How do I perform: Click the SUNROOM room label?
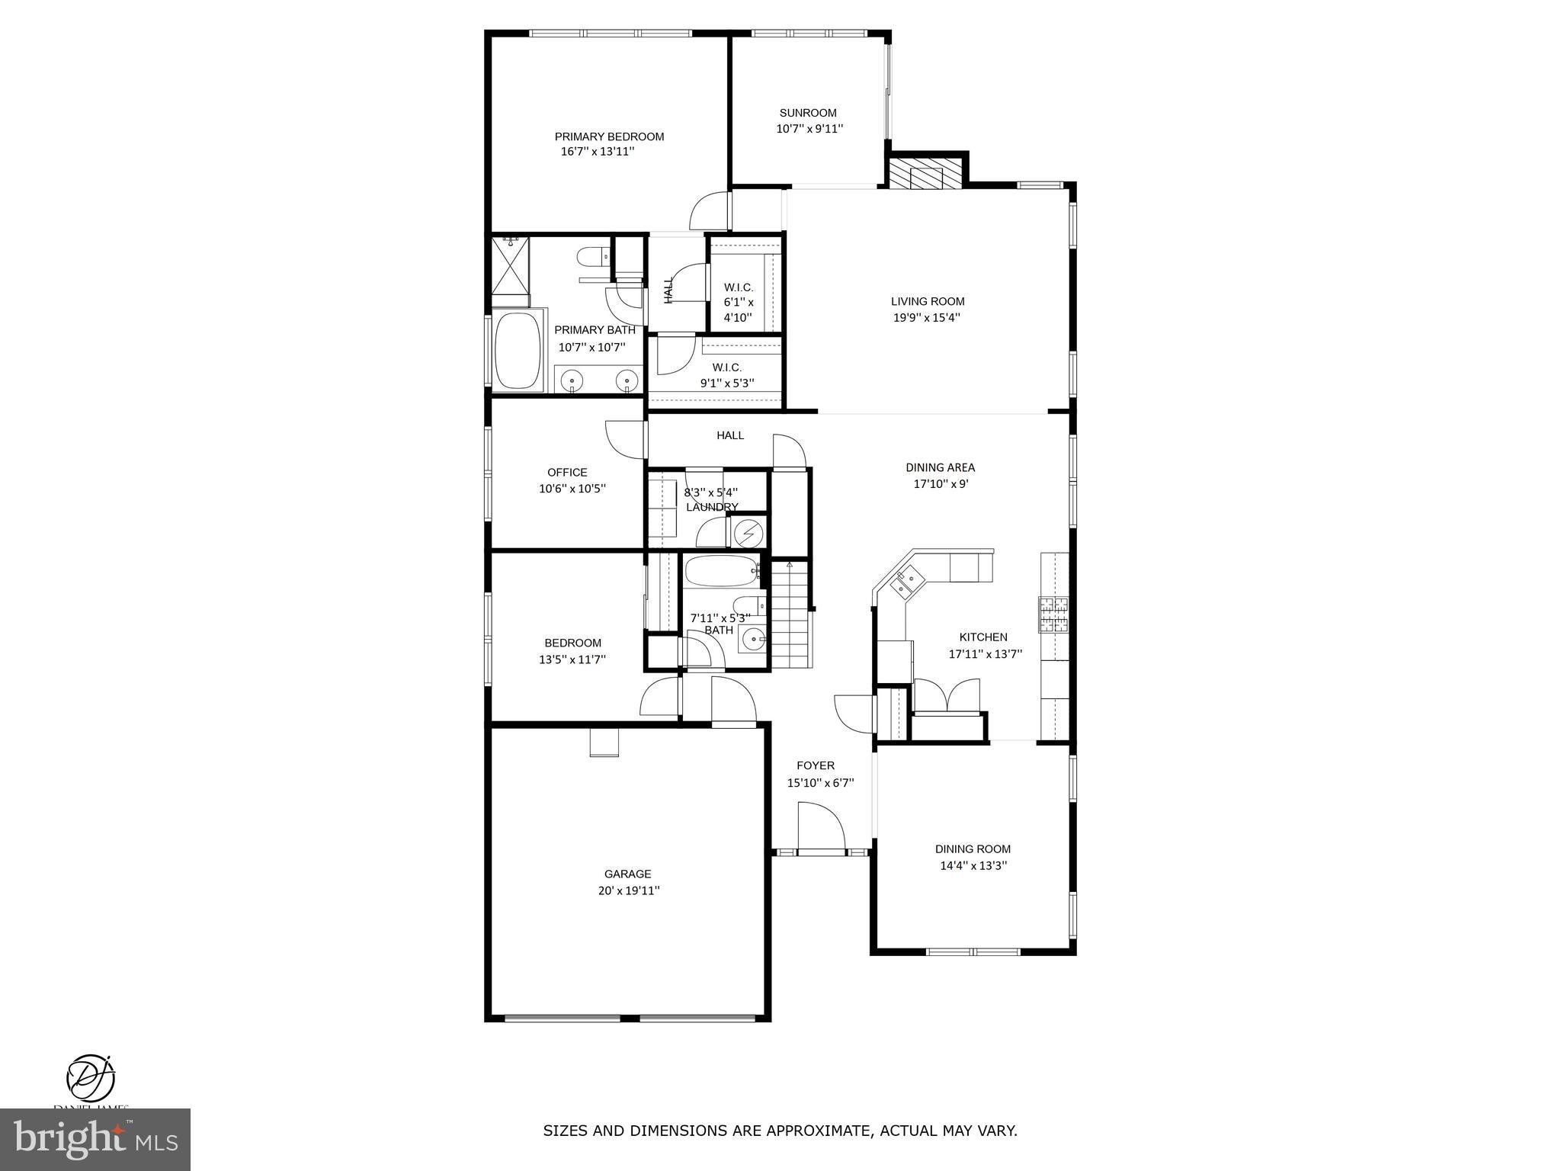807,113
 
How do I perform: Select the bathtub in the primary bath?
518,351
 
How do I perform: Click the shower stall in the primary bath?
510,265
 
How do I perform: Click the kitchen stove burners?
1053,615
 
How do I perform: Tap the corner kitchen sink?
908,582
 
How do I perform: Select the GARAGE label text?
627,874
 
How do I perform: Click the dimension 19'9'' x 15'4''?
926,318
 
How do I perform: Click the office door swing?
625,439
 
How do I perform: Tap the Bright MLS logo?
95,1139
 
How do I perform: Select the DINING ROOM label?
973,849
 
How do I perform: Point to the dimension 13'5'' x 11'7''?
572,659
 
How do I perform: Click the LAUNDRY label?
712,507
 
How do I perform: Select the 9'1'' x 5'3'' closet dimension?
727,383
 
